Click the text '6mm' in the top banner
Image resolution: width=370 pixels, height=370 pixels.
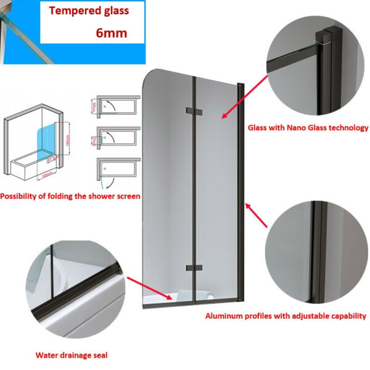tap(112, 33)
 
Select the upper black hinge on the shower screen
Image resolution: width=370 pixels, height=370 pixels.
tap(194, 112)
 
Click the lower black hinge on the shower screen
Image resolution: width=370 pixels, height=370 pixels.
tap(194, 268)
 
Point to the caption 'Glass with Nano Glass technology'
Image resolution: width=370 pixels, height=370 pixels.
tap(308, 128)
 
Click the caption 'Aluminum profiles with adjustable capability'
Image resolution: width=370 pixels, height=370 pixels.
tap(286, 316)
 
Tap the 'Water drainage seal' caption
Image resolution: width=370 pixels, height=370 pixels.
tap(72, 355)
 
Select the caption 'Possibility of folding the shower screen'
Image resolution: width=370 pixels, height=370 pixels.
tap(70, 196)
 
